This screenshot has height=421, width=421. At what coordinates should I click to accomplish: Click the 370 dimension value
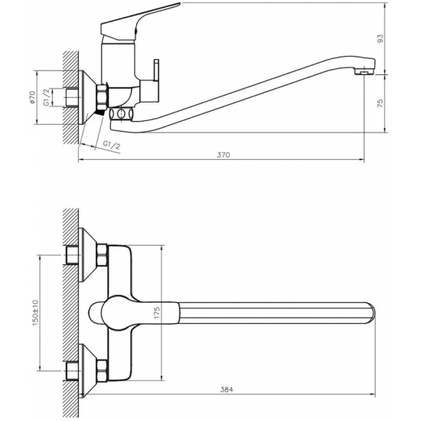click(224, 154)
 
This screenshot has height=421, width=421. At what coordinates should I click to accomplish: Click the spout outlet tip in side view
click(367, 70)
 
